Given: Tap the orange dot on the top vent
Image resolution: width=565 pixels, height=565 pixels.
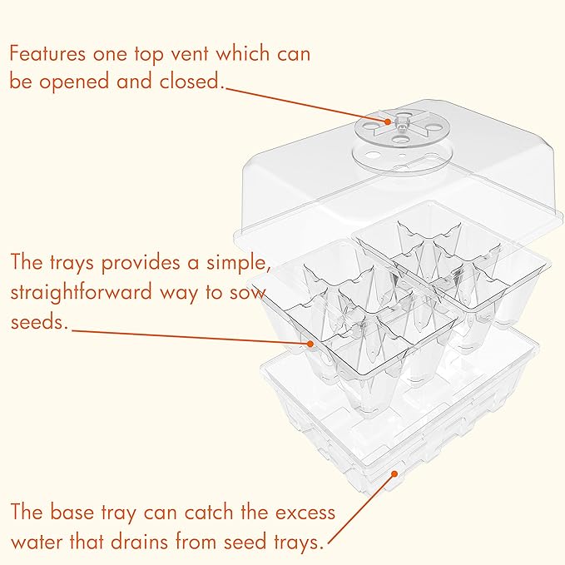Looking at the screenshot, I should click(x=388, y=122).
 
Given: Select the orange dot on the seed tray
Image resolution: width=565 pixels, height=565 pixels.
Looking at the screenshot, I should click(x=310, y=343).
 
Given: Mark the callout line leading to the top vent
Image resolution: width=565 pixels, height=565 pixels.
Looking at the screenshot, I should click(x=308, y=104).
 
